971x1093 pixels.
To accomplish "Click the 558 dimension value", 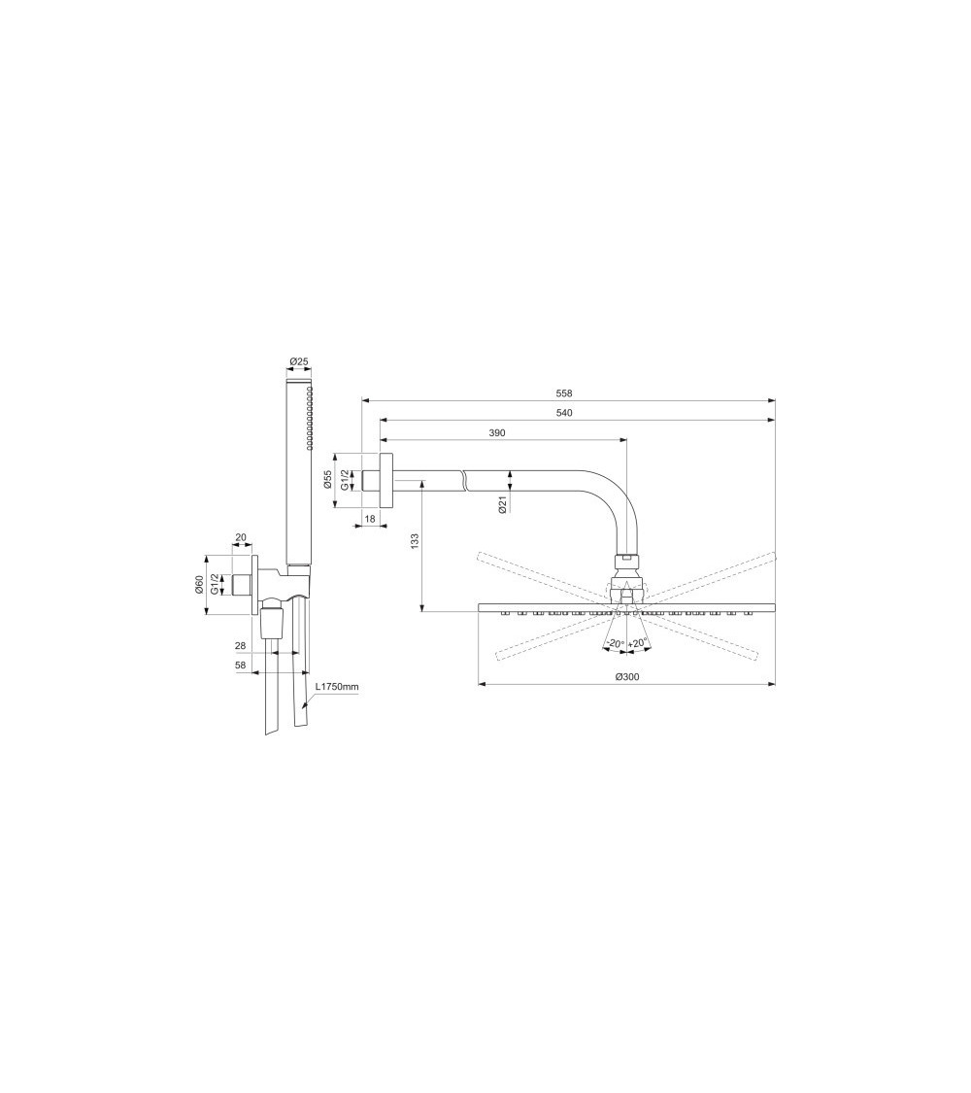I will click(564, 393).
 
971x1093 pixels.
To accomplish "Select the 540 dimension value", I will click(564, 413).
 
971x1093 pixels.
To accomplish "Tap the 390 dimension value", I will click(496, 432).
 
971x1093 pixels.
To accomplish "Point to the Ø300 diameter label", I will click(626, 677).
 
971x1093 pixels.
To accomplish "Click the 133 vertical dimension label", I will click(415, 540).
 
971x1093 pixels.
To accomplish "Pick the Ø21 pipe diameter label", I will click(502, 505).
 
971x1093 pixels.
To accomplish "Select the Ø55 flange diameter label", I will click(328, 479).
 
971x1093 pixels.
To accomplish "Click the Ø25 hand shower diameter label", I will click(299, 362).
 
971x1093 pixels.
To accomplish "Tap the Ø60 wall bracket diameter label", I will click(199, 584).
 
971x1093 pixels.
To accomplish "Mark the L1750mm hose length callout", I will click(337, 687).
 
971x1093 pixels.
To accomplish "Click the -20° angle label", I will click(614, 644).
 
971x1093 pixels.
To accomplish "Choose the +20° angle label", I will click(638, 644).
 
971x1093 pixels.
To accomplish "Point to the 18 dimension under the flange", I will click(370, 520).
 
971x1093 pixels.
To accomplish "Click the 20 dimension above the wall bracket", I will click(241, 537).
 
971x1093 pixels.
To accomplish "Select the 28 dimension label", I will click(240, 645).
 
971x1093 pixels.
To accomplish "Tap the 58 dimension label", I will click(240, 665).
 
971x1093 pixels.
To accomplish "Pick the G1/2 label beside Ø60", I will click(215, 584).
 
